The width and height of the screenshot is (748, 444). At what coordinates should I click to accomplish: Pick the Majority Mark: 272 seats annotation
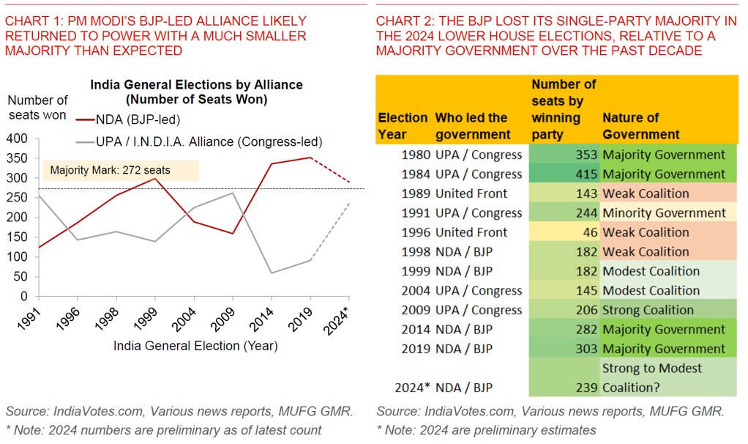(x=110, y=171)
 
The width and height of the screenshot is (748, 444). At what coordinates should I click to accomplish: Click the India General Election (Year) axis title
(x=195, y=346)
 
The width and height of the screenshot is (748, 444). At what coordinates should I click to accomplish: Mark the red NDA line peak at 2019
(x=310, y=158)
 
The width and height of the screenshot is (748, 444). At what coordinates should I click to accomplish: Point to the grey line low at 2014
(x=272, y=273)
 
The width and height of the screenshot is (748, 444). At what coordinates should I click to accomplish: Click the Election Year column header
(x=403, y=126)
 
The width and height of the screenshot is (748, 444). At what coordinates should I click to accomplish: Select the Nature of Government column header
(x=641, y=126)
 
